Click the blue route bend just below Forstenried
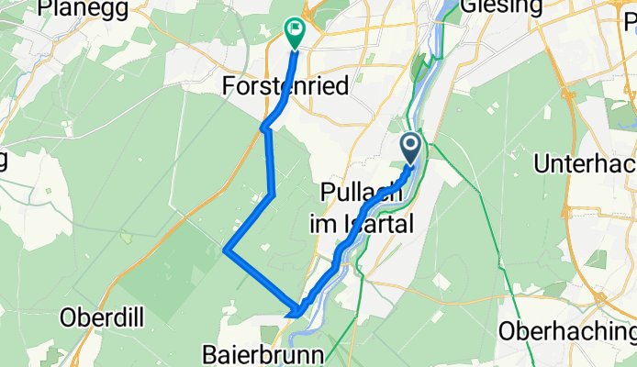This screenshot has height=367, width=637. click(265, 128)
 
